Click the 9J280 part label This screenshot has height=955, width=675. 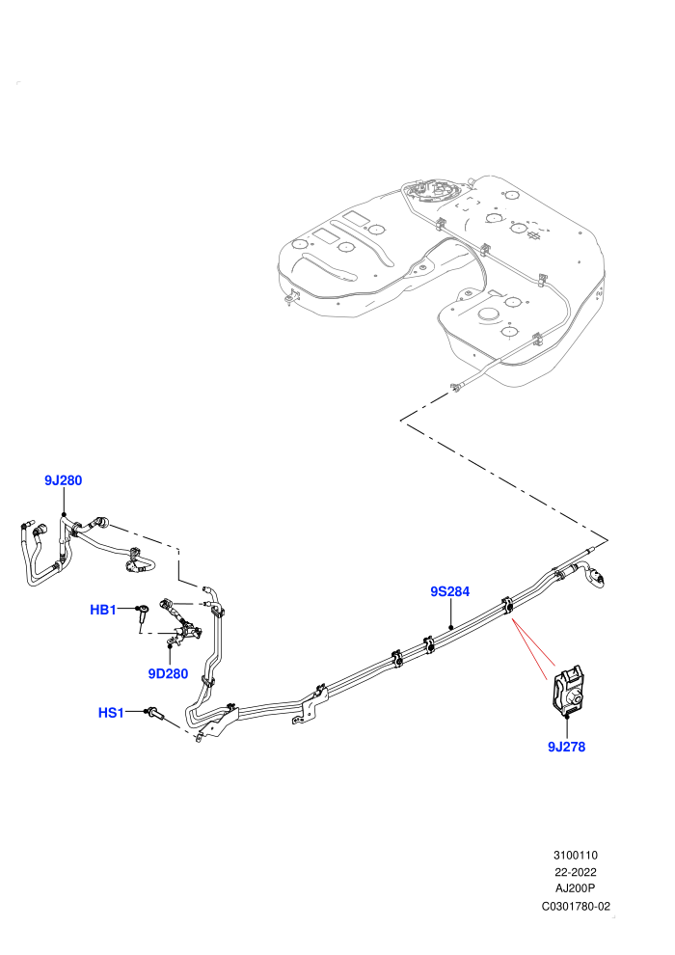[x=64, y=480]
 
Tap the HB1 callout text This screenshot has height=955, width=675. [x=103, y=610]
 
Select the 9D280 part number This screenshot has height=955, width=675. [x=168, y=673]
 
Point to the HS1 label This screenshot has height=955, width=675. [x=112, y=713]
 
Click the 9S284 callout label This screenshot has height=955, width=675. [x=449, y=591]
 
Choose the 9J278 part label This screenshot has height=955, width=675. [x=567, y=747]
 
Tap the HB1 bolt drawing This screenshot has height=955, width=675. [x=143, y=613]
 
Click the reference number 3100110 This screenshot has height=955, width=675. [x=575, y=856]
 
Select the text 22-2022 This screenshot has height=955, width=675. [x=575, y=872]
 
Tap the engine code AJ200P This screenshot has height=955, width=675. [x=575, y=889]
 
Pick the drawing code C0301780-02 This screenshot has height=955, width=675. [x=576, y=906]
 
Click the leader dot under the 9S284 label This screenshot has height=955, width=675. [x=450, y=627]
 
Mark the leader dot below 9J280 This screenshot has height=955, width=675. [x=64, y=515]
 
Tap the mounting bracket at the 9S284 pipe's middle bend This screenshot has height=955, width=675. [x=310, y=706]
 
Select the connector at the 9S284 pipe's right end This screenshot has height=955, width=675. [x=594, y=577]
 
